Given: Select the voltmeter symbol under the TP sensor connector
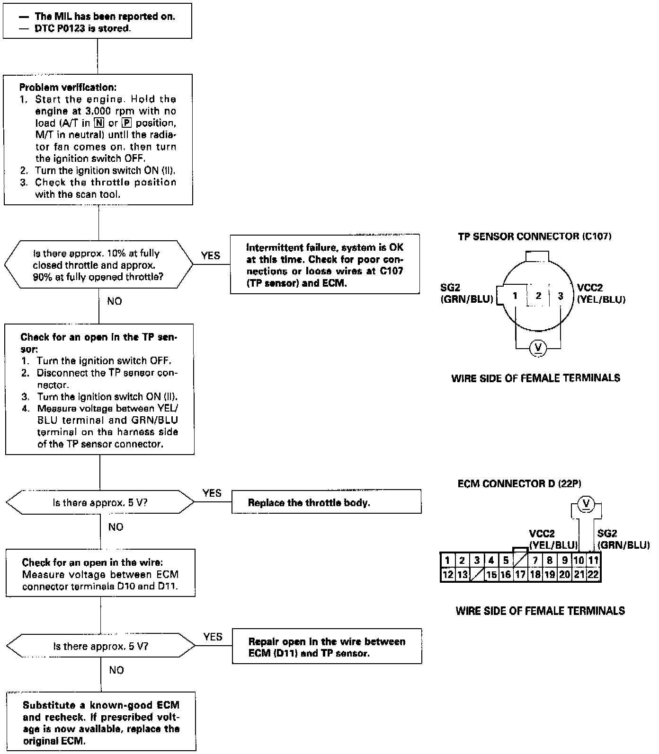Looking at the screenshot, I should point(537,348).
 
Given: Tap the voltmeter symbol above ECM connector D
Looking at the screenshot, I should point(586,503).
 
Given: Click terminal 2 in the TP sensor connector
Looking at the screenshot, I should point(538,296).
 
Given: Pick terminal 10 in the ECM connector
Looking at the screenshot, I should point(579,561).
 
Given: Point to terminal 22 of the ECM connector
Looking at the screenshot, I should point(593,575).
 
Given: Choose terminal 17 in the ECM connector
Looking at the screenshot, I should point(520,575).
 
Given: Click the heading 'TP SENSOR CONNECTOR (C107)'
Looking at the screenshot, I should point(534,237).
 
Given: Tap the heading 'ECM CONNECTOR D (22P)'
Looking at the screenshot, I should point(519,484).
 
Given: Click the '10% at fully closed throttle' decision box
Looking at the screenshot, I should point(98,265).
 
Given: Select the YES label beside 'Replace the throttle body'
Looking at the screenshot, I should point(212,493).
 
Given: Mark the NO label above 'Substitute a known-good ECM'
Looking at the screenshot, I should point(116,670).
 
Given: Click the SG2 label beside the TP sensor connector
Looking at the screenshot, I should point(450,288).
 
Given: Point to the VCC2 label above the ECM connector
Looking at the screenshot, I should point(542,534).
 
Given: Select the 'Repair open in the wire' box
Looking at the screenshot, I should point(327,647).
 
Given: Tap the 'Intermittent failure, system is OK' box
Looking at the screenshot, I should point(325,265).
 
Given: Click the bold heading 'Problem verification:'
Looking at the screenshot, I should point(68,88).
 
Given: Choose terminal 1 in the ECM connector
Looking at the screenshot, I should point(447,561).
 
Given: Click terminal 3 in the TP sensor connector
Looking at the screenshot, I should point(561,296).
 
